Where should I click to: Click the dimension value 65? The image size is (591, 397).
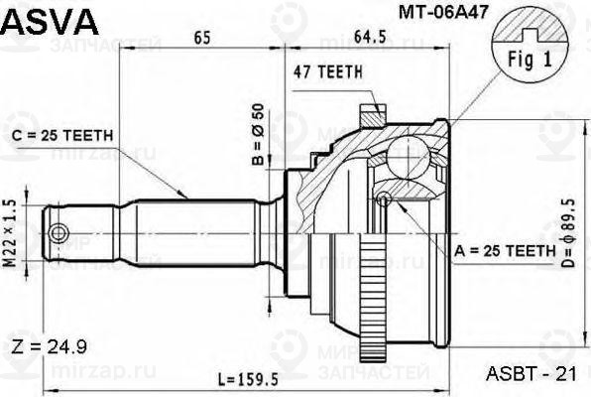201,39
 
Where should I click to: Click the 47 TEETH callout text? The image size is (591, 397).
327,71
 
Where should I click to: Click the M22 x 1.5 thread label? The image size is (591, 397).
11,233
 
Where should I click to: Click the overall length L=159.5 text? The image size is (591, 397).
252,378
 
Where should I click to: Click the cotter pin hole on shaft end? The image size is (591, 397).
61,234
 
